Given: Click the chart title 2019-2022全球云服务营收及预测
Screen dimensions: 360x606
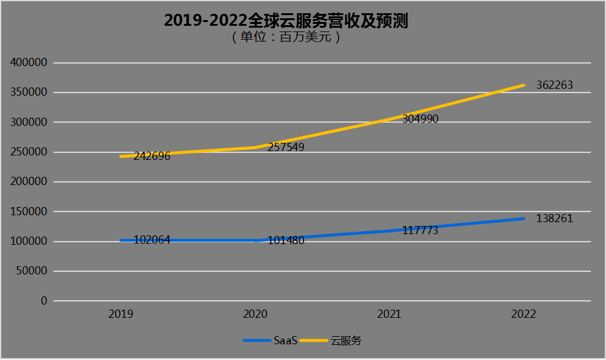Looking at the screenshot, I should (286, 21).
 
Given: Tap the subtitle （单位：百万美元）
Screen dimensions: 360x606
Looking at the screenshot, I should (286, 37).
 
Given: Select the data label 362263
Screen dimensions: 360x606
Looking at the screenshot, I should (554, 85).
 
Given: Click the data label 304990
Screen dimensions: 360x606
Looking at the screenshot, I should (420, 118).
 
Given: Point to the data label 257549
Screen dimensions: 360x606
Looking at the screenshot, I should (286, 149).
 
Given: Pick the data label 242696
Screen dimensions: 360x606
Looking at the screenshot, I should (152, 156).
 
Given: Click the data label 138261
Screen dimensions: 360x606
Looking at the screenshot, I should (554, 218).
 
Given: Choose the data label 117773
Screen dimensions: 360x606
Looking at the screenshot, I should (420, 230).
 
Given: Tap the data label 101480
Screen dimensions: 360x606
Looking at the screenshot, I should (286, 240).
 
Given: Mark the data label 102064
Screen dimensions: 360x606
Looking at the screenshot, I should (152, 240).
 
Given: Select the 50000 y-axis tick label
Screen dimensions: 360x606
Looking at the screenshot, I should (32, 271).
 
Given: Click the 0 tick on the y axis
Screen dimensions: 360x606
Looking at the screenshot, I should (44, 301).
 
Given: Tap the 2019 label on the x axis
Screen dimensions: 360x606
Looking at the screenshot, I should (120, 314).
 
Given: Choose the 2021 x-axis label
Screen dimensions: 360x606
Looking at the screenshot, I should (389, 314).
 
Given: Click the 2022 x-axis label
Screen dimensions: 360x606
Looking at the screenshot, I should (524, 314).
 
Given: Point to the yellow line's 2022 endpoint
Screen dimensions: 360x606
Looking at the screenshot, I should (524, 85).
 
